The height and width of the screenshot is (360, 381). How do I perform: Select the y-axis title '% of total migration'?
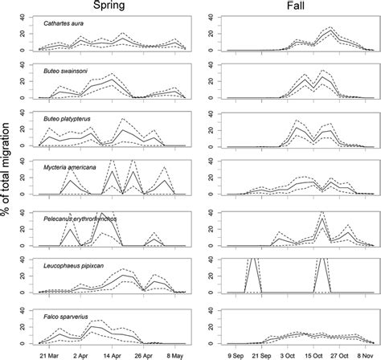[9, 179]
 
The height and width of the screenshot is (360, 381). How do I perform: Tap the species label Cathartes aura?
[68, 24]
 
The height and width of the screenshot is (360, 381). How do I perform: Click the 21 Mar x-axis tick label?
[50, 353]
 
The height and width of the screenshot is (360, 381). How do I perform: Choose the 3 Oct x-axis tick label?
[298, 353]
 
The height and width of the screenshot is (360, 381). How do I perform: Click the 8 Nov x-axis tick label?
[367, 353]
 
